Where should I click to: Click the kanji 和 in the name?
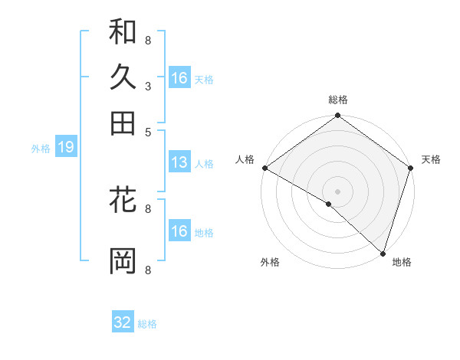[123, 33]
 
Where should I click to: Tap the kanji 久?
[123, 78]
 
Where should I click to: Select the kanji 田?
[123, 123]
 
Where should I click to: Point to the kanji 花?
[123, 201]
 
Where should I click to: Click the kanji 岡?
[123, 260]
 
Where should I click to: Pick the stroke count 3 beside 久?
[147, 87]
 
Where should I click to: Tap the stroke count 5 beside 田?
[147, 131]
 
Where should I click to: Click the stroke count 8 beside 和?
[147, 39]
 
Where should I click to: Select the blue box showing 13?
[179, 162]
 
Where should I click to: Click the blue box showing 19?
[66, 148]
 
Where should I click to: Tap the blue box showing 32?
[123, 322]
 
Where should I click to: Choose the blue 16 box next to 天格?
[179, 78]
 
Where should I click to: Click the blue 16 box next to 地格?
[179, 231]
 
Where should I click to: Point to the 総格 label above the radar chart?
[337, 100]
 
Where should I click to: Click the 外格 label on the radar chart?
[270, 262]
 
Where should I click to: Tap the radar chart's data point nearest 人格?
[264, 168]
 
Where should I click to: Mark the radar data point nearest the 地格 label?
[383, 253]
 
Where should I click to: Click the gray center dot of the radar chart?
[337, 191]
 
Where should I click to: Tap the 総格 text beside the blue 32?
[147, 324]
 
